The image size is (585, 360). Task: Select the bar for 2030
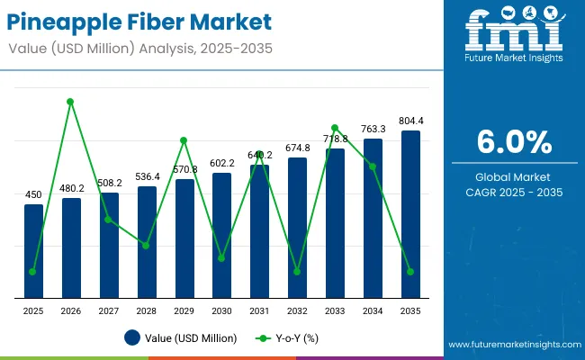[221, 235]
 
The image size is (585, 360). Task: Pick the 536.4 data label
[147, 176]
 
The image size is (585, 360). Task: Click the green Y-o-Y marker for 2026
[71, 102]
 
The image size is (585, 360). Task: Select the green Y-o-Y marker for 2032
[297, 271]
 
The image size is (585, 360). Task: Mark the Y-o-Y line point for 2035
[410, 271]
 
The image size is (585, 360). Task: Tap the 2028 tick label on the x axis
[147, 310]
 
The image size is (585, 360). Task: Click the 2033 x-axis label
[335, 310]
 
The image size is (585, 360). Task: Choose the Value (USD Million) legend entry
[181, 338]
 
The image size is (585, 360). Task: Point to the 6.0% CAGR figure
[514, 141]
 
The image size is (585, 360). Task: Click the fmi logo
[515, 34]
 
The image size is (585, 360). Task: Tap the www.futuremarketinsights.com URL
[510, 345]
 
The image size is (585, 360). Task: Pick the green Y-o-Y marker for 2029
[184, 140]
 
